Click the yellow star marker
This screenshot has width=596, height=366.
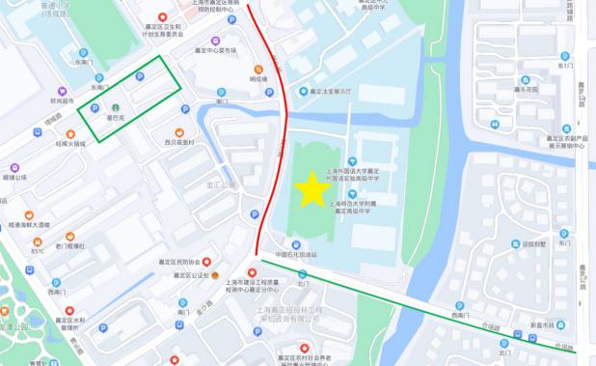tap(312, 189)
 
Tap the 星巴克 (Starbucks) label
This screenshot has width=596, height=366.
tap(116, 117)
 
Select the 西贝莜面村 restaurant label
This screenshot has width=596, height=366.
tap(179, 142)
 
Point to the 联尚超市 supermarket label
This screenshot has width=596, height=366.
tap(62, 99)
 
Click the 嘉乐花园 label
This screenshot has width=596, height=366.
tap(526, 88)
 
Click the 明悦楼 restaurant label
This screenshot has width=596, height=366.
tap(258, 79)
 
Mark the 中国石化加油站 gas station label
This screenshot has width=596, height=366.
tap(296, 255)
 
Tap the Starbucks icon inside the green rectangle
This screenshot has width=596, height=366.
tap(116, 106)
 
